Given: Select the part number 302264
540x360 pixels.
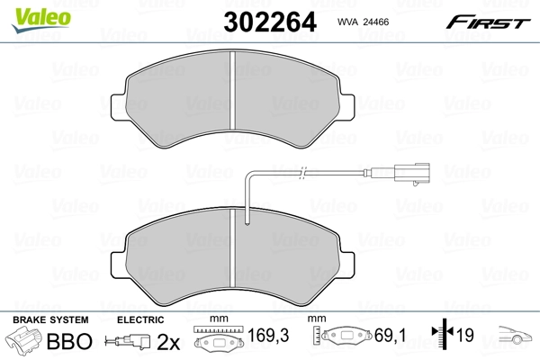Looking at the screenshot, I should [265, 21].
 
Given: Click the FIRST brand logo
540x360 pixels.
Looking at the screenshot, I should [491, 21].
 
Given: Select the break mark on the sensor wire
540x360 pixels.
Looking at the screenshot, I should [304, 170].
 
